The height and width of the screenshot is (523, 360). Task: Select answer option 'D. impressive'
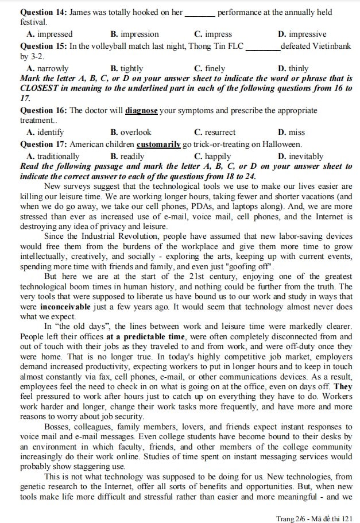(x=301, y=34)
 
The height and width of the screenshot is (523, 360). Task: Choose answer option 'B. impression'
(x=134, y=34)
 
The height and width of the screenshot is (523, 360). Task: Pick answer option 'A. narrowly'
(x=48, y=68)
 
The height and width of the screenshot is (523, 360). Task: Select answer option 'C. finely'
(x=210, y=68)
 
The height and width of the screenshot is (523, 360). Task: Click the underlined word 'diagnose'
(x=141, y=110)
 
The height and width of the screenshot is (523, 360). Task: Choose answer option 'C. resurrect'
(x=215, y=132)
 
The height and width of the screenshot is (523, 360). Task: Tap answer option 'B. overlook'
(x=131, y=132)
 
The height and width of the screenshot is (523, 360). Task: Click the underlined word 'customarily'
(x=158, y=145)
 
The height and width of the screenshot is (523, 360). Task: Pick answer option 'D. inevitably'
(x=300, y=156)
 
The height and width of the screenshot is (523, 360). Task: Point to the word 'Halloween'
(x=281, y=145)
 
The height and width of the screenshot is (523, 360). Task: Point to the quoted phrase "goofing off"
(x=248, y=267)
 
